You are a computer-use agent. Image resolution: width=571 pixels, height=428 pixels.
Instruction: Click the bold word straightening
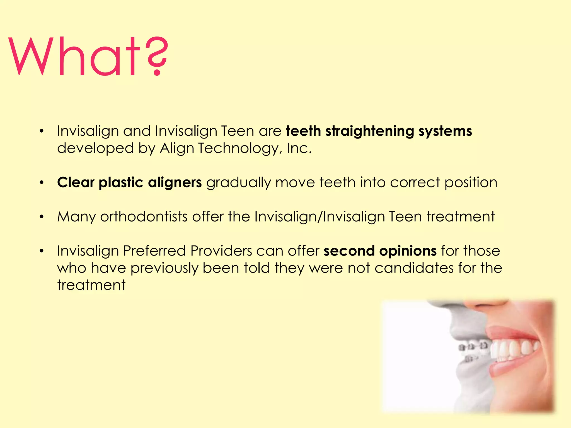(x=369, y=131)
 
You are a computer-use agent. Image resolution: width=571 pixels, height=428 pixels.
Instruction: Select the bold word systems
(x=445, y=131)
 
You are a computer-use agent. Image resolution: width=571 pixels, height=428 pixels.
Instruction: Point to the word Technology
(x=238, y=148)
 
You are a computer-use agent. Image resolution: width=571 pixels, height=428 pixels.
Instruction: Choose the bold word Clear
(x=76, y=183)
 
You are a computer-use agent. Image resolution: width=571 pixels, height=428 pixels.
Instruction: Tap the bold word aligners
(x=175, y=183)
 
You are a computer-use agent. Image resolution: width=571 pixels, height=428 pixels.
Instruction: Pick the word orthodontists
(x=144, y=217)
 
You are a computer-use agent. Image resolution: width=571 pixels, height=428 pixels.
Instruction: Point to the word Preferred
(x=154, y=251)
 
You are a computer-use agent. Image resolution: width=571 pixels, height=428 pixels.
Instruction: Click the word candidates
(x=414, y=268)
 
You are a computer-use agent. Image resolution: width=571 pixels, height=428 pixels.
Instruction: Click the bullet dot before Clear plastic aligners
(x=42, y=183)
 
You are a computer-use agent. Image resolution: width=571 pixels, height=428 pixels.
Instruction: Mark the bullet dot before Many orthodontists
(x=42, y=217)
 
